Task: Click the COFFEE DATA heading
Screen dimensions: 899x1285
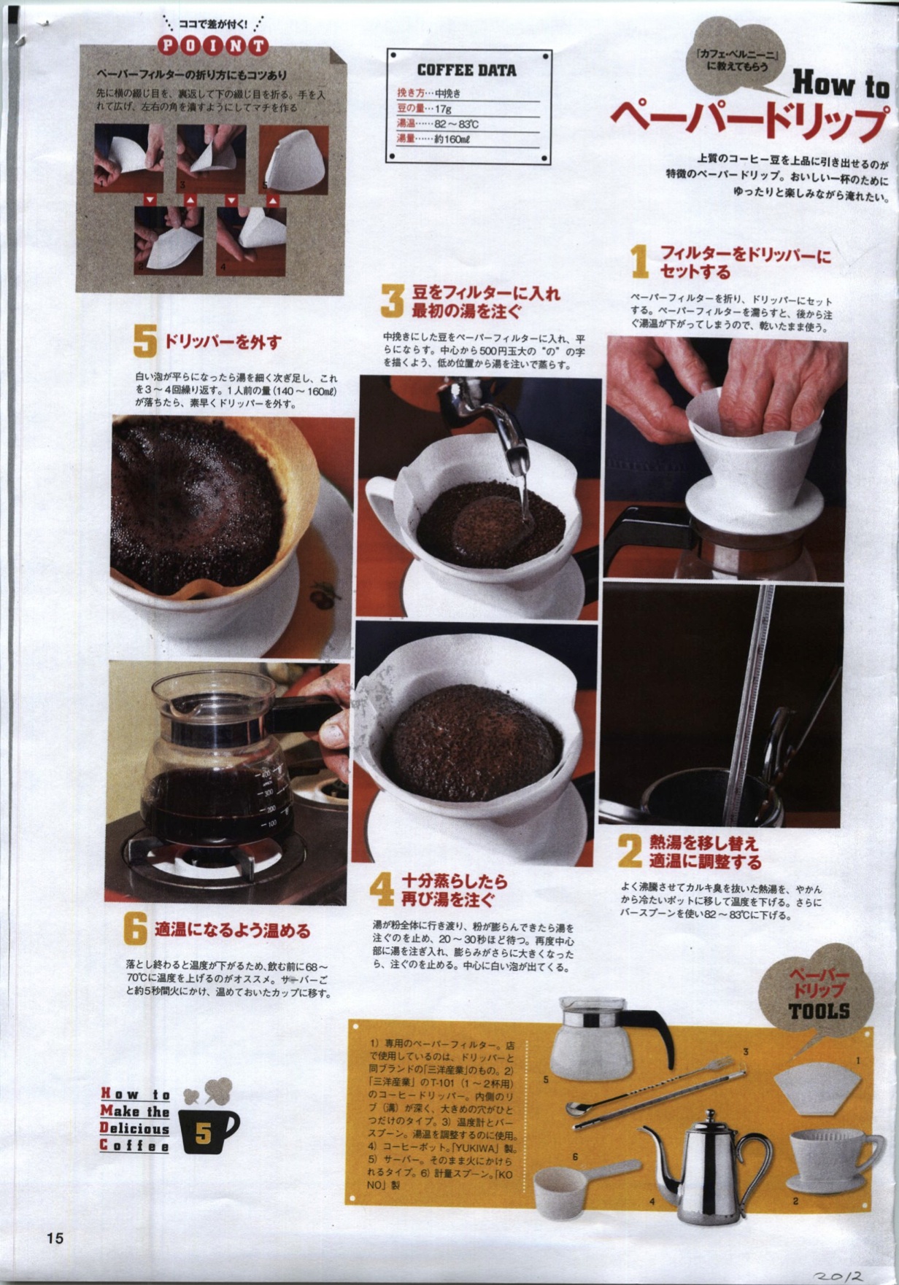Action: tap(466, 70)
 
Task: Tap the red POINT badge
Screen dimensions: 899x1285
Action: tap(212, 45)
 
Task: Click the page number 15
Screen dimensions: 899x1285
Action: tap(55, 1238)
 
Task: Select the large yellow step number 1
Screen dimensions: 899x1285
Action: tap(639, 261)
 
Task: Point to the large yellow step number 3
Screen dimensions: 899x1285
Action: tap(392, 300)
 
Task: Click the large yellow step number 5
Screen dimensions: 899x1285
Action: tap(144, 341)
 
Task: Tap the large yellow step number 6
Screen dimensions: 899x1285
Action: tap(136, 929)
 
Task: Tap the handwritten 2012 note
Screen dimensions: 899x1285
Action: tap(840, 1273)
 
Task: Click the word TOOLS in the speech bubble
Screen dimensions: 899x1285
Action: tap(819, 1011)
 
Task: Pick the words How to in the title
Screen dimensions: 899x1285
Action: tap(841, 85)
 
